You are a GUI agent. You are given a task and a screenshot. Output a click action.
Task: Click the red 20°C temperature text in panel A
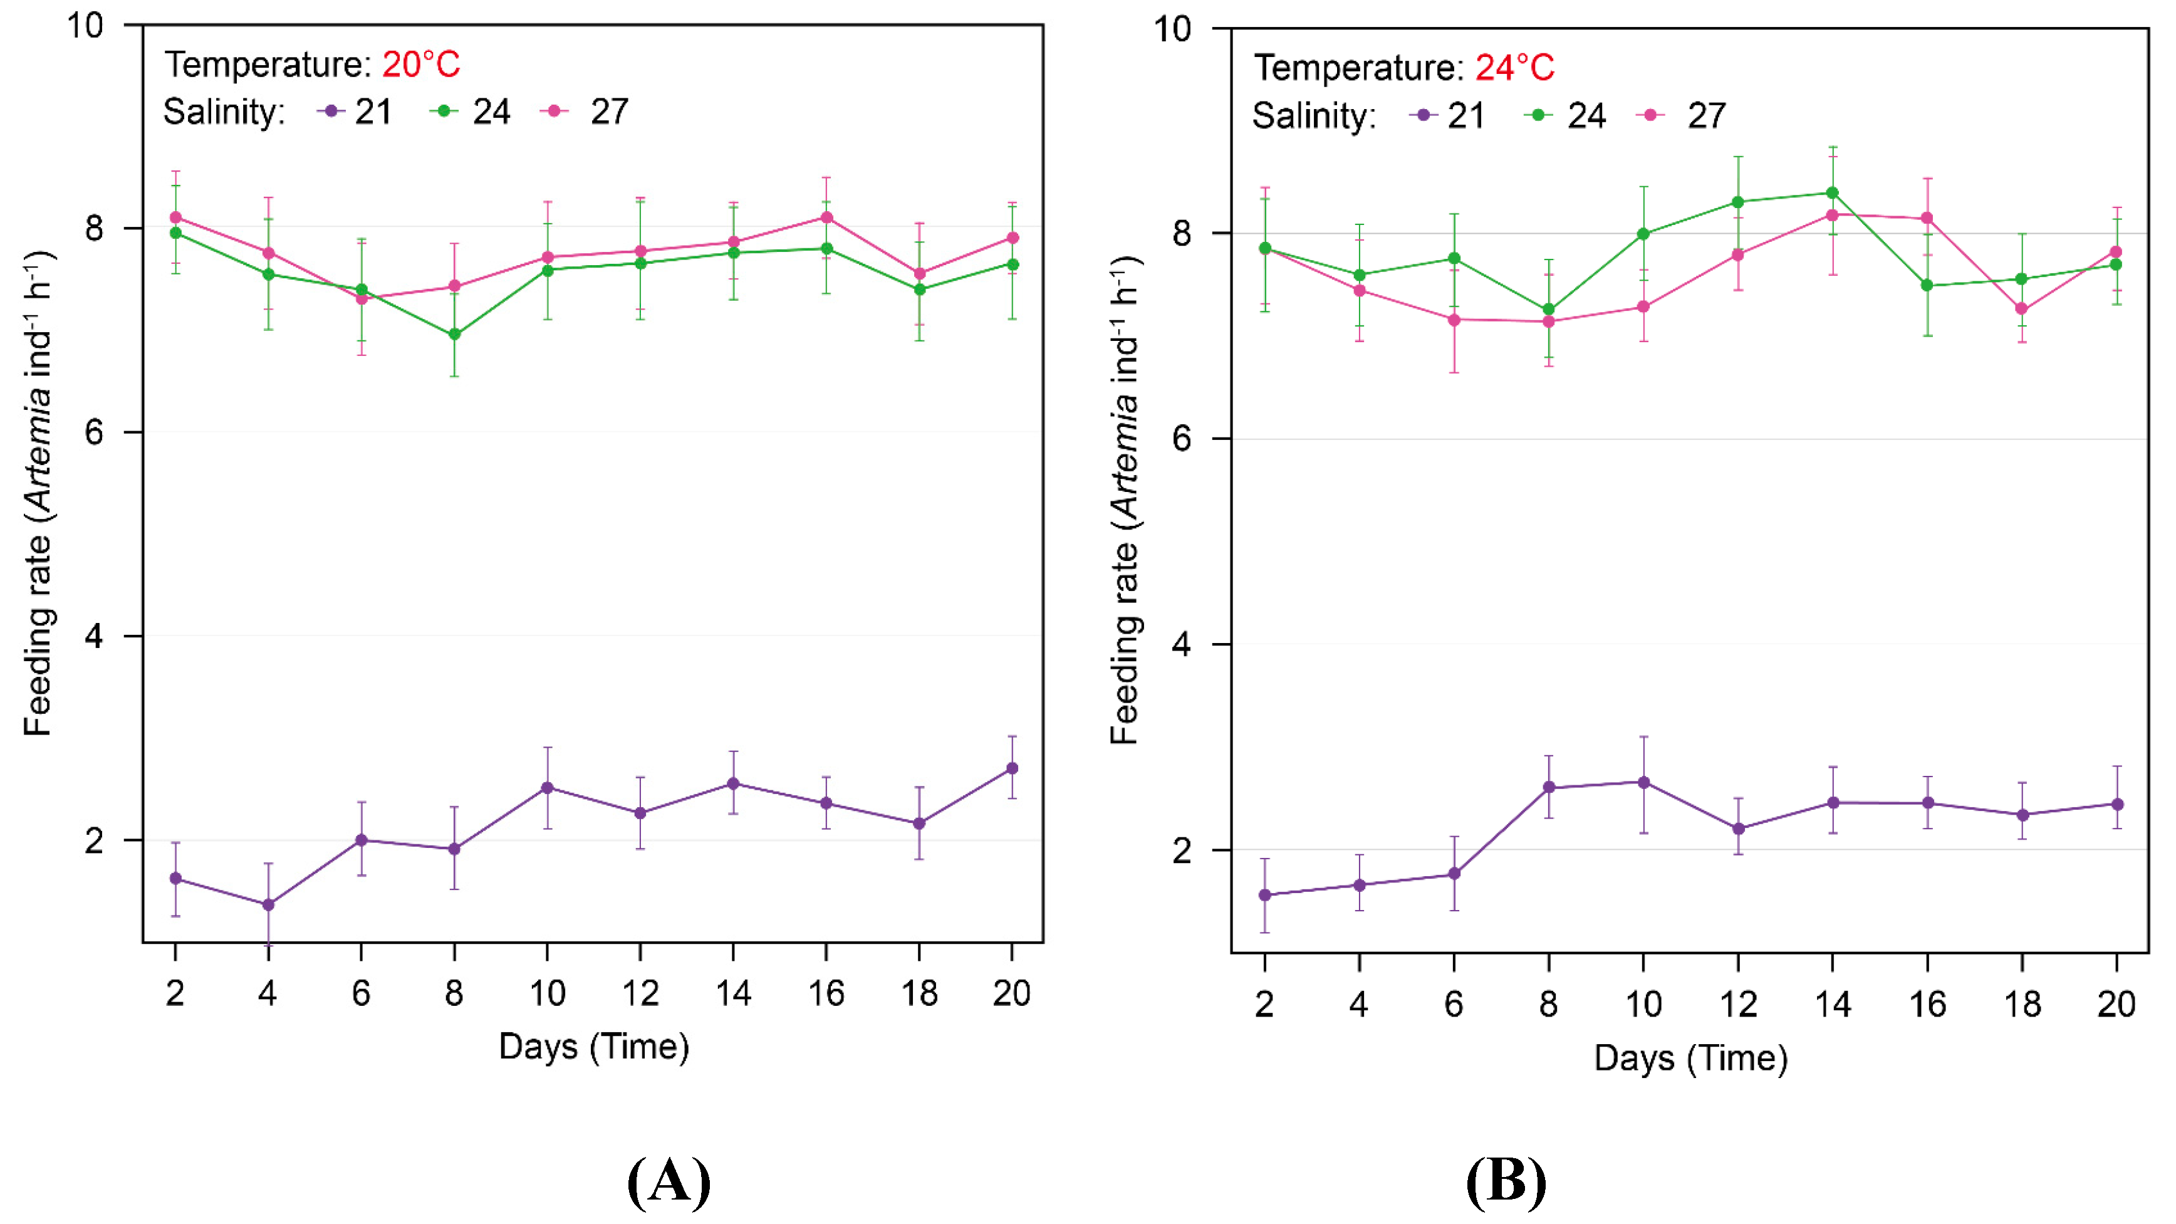420,64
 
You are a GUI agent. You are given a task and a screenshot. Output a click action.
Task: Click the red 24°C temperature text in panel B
1514,68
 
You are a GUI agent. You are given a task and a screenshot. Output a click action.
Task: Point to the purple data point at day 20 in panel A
1012,769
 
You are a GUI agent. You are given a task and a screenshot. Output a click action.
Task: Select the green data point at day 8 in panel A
454,335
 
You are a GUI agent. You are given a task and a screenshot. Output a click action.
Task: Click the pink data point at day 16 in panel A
827,218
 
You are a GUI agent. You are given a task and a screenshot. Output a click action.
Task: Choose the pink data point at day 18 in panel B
2021,309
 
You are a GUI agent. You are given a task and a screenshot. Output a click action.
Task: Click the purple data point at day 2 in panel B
1264,896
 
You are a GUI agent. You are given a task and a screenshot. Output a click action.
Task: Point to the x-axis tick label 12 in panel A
640,993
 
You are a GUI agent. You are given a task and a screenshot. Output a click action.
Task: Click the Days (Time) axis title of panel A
594,1047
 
